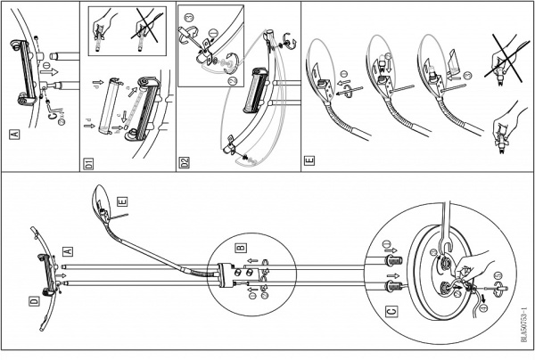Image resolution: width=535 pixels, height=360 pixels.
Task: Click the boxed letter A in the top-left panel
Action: click(x=13, y=136)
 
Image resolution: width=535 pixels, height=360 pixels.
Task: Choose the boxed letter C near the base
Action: click(x=391, y=312)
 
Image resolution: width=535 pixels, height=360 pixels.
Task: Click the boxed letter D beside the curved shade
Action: click(x=34, y=301)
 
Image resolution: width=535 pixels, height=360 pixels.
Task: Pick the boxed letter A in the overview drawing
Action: click(x=68, y=252)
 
